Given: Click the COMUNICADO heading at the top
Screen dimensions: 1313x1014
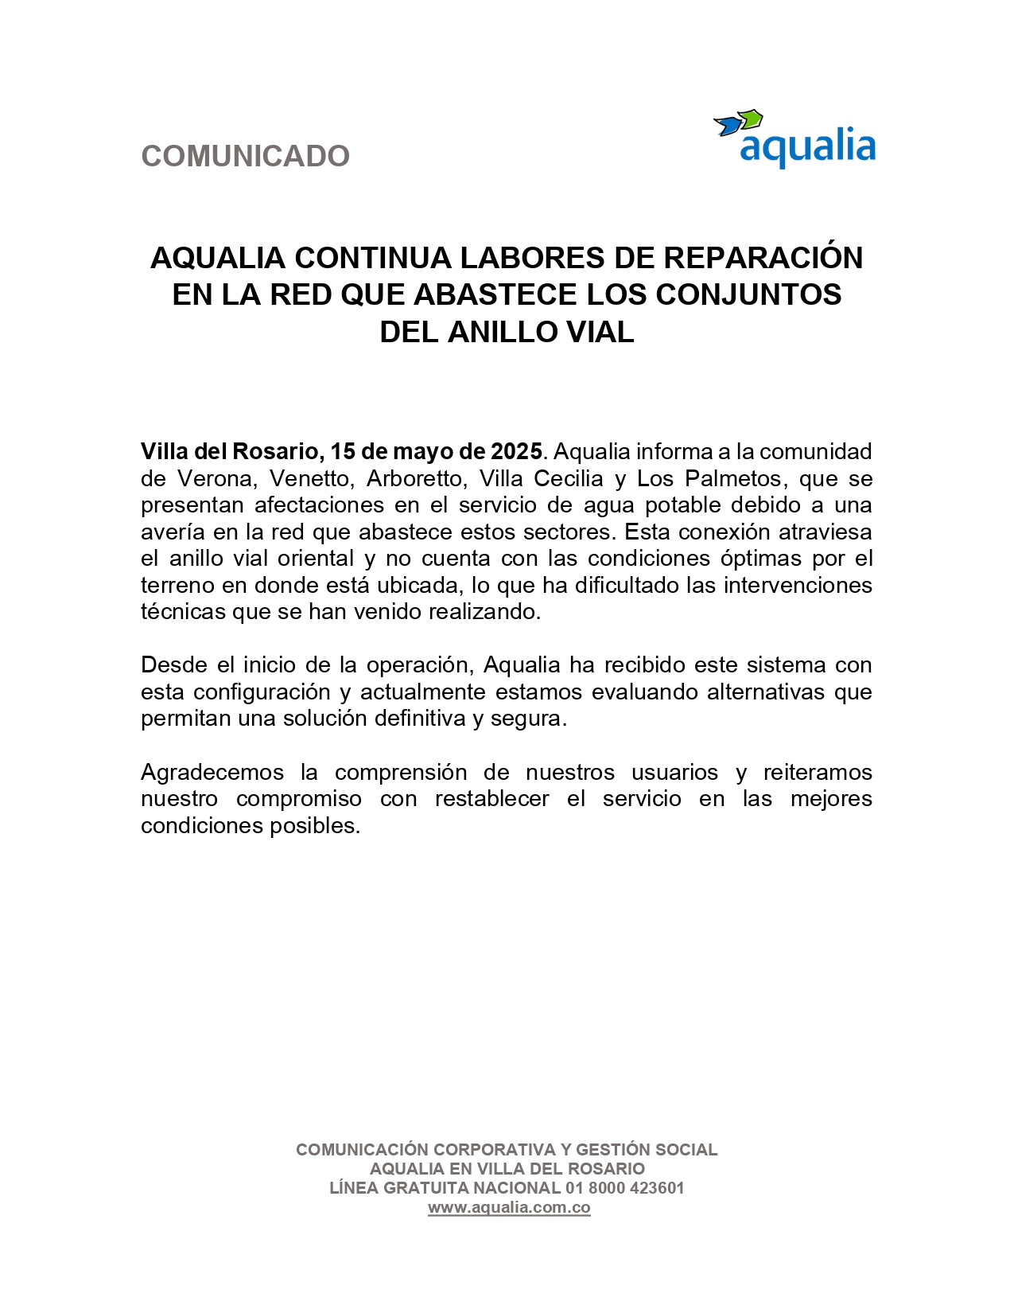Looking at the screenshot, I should pos(245,156).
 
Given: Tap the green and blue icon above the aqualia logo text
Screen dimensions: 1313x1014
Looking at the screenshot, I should pos(739,123).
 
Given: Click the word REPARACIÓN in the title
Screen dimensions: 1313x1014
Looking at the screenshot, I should pos(763,258).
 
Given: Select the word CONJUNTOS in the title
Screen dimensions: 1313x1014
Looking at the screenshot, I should pos(748,294).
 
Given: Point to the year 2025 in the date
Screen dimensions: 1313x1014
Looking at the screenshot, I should pos(516,452).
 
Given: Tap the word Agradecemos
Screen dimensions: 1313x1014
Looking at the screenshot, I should pos(212,772).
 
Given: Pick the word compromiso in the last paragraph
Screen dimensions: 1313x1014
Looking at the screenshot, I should pos(299,799).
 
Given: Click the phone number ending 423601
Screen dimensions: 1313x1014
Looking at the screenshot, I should pos(625,1188).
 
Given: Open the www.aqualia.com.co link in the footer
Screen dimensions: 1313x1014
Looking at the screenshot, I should pos(509,1207).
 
